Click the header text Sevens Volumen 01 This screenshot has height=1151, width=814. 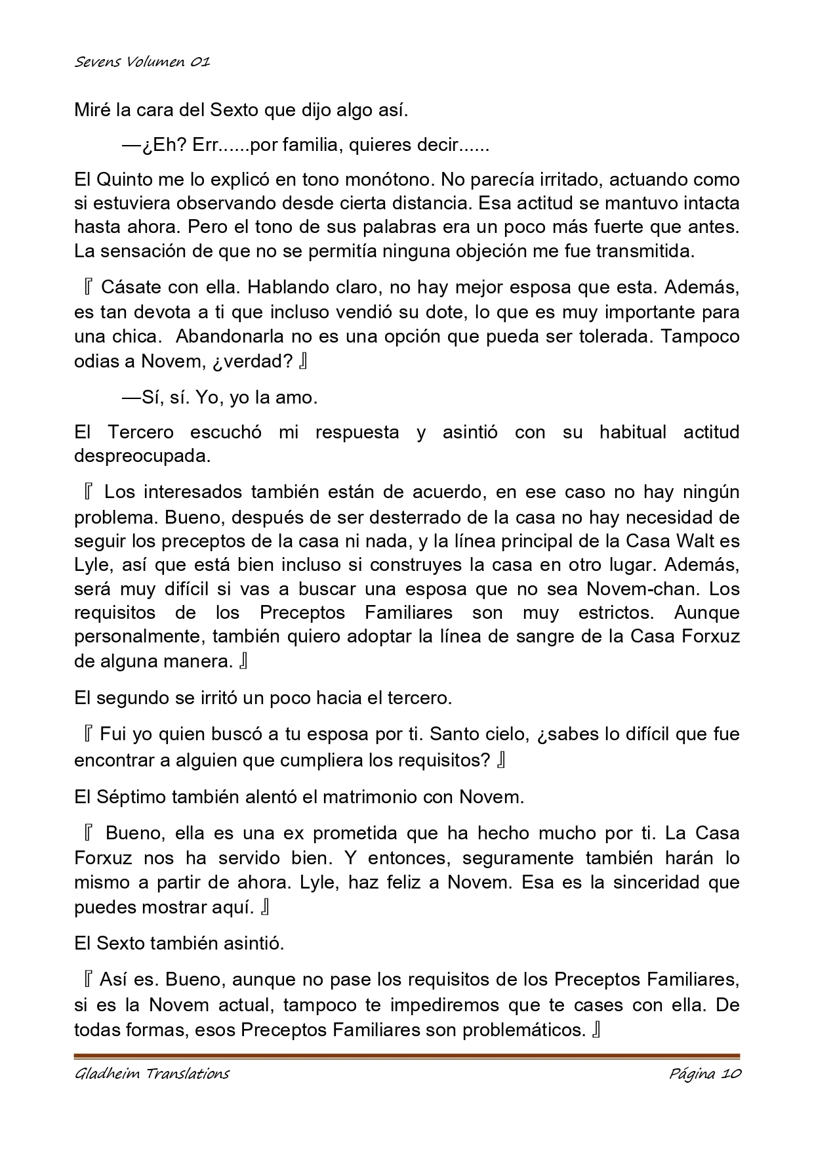coord(142,62)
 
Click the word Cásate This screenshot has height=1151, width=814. coord(132,287)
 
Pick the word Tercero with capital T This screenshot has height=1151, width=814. coord(141,432)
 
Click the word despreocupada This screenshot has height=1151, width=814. coord(142,456)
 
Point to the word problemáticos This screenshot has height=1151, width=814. coord(524,1030)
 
